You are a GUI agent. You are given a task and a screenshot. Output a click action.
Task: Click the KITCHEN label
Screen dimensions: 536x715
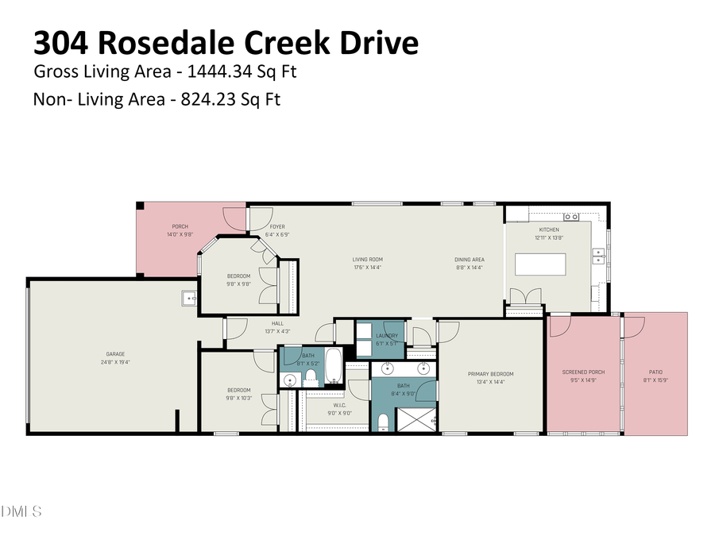[549, 229]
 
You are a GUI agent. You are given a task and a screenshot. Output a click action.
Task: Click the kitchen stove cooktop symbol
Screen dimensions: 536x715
[570, 216]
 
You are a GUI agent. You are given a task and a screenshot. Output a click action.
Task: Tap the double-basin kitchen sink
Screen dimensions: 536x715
[600, 256]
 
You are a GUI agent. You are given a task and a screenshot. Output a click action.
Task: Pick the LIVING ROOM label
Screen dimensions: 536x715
[368, 259]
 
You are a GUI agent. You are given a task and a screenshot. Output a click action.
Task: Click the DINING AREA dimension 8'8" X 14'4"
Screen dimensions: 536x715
[470, 268]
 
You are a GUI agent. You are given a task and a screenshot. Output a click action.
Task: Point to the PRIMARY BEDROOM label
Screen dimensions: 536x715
[490, 374]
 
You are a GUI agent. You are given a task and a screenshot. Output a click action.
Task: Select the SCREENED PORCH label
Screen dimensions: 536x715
[583, 372]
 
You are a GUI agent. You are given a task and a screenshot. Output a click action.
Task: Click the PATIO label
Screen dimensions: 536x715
[655, 372]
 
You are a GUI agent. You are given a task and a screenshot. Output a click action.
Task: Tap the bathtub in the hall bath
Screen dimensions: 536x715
[333, 366]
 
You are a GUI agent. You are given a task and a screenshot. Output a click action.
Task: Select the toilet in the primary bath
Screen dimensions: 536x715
[383, 421]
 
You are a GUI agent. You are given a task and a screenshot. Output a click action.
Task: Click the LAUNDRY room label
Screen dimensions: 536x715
[387, 336]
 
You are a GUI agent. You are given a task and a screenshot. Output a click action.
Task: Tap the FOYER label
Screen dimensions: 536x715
[276, 227]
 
